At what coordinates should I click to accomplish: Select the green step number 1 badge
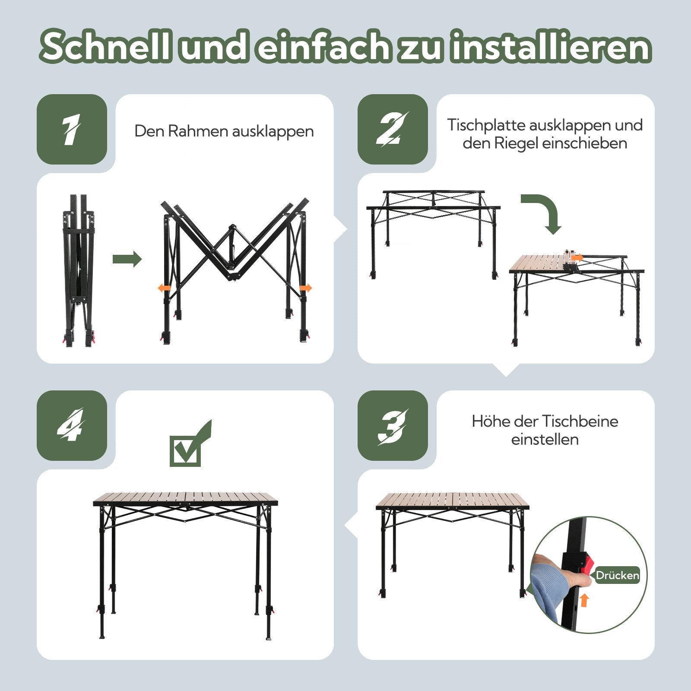[x=72, y=129]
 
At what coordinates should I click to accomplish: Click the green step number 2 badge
[x=392, y=129]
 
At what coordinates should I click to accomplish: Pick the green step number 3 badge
[x=392, y=426]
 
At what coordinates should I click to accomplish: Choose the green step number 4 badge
[x=72, y=426]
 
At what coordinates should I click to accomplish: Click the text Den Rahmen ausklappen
[x=224, y=131]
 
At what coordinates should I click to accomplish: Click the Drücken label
[x=617, y=575]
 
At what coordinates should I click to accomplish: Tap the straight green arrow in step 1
[x=127, y=259]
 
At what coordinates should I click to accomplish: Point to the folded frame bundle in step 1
[x=78, y=270]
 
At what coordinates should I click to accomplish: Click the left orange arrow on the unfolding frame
[x=163, y=288]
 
